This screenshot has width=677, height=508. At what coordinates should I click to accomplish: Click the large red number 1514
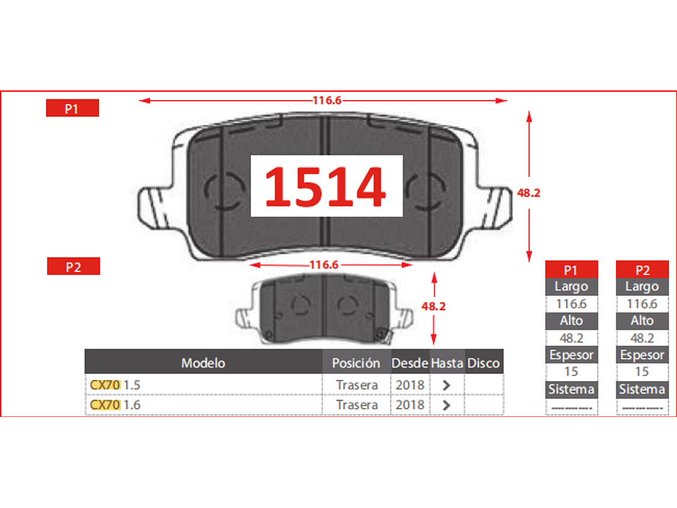[325, 186]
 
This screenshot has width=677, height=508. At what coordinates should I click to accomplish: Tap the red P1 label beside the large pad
[73, 108]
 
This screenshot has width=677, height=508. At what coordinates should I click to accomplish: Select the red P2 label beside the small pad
[73, 266]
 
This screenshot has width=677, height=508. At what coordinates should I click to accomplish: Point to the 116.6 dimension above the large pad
[327, 100]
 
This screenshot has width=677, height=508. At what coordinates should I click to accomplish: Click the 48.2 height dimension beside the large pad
[528, 193]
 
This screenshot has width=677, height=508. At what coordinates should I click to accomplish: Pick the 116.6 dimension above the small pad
[324, 264]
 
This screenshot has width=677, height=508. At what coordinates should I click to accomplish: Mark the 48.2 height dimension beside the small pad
[434, 306]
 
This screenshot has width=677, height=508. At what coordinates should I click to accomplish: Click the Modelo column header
[203, 362]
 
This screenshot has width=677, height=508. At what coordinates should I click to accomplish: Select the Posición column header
[356, 362]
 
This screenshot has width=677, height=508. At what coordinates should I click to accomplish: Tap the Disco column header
[484, 362]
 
